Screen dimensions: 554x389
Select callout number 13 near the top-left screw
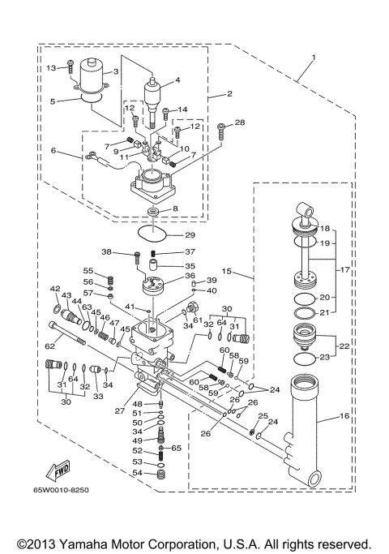click(x=49, y=67)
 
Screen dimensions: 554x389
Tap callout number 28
click(x=239, y=122)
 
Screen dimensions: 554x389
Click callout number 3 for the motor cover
click(x=116, y=71)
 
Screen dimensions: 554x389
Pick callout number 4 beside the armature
click(x=177, y=79)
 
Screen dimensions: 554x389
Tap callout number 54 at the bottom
click(x=138, y=472)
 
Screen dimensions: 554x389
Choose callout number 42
click(x=55, y=289)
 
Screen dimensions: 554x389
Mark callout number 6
click(x=53, y=151)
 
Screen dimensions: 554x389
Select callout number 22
click(x=344, y=346)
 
